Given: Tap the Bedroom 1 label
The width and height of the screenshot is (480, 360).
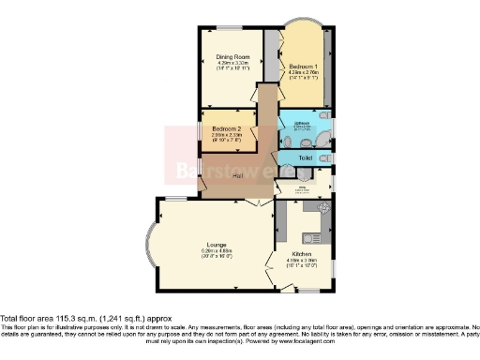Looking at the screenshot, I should (x=303, y=67).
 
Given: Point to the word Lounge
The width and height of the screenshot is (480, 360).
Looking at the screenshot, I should (x=217, y=246).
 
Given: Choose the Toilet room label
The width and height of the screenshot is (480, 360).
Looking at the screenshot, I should (x=305, y=158).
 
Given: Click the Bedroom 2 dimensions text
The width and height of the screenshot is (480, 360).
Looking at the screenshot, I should (x=227, y=136).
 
